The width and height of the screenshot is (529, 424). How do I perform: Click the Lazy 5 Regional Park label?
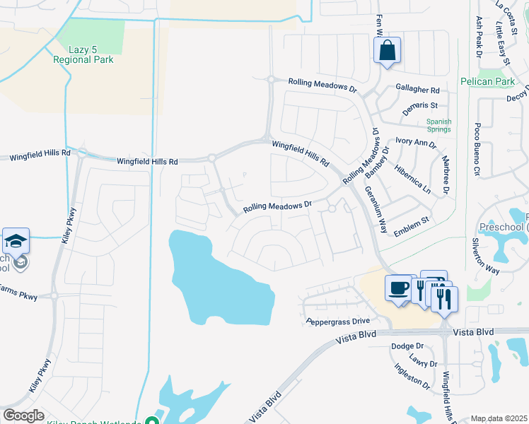coord(83,54)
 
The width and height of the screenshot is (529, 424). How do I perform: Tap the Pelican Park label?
coord(487,82)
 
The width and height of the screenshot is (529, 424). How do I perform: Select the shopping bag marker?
coord(387,51)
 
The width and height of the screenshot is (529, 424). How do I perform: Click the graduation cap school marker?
coord(16,242)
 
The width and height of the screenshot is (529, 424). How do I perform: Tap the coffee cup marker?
coord(399,288)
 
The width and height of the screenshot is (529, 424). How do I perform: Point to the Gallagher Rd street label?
coord(418,90)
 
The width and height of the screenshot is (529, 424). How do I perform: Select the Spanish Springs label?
coord(438,126)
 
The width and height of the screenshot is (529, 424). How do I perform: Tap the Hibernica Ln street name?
coord(422,180)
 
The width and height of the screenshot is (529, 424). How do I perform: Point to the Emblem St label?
coord(411,221)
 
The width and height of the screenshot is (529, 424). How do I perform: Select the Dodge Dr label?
coord(407,346)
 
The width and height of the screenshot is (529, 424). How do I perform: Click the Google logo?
coord(23,416)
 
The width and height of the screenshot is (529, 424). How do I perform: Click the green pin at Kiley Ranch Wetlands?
coord(151,420)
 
